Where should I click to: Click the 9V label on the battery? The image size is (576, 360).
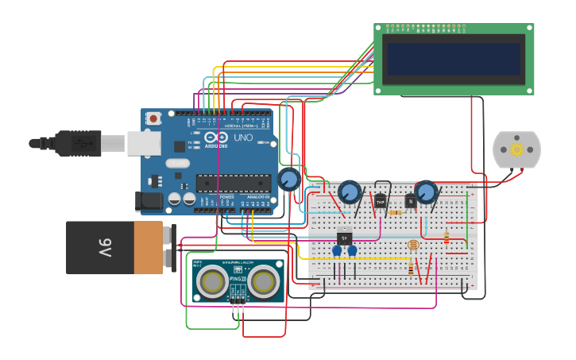pyautogui.click(x=105, y=247)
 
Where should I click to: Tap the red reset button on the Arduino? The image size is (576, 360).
pyautogui.click(x=153, y=118)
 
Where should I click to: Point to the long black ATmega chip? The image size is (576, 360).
pyautogui.click(x=234, y=184)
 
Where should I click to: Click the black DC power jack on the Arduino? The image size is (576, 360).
pyautogui.click(x=149, y=202)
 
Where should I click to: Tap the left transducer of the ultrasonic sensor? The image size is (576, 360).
pyautogui.click(x=211, y=281)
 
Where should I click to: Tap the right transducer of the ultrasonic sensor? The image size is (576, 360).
pyautogui.click(x=263, y=281)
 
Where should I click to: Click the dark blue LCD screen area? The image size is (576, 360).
pyautogui.click(x=452, y=59)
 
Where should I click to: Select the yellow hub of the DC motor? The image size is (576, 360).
pyautogui.click(x=516, y=149)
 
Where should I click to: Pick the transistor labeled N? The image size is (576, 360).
pyautogui.click(x=411, y=202)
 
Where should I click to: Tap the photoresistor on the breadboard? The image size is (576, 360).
pyautogui.click(x=412, y=245)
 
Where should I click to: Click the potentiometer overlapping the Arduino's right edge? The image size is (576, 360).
pyautogui.click(x=289, y=179)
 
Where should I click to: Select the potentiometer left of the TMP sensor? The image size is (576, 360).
pyautogui.click(x=349, y=192)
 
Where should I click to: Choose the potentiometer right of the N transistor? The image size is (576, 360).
pyautogui.click(x=427, y=192)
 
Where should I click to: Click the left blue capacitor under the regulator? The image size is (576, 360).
pyautogui.click(x=337, y=251)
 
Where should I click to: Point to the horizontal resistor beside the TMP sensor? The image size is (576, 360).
pyautogui.click(x=395, y=212)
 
